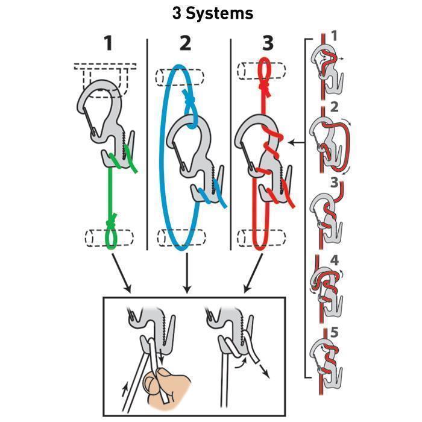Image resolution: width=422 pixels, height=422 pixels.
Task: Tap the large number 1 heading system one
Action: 108,44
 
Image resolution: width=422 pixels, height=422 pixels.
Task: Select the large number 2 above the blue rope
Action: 186,44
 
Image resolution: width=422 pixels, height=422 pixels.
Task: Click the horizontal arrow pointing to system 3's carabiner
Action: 297,143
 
